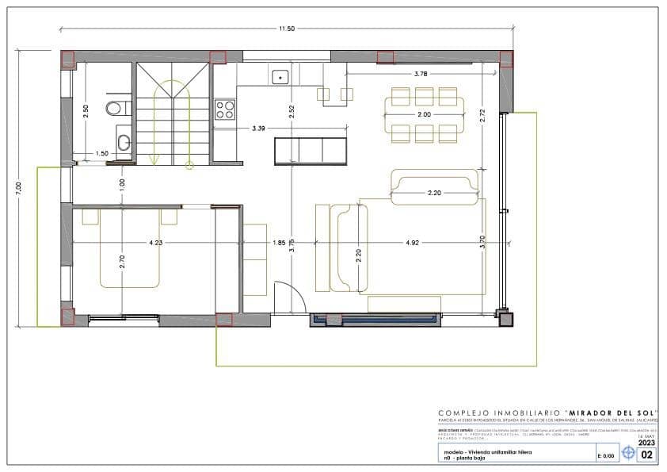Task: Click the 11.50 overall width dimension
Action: point(286,29)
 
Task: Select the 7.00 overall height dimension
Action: point(18,186)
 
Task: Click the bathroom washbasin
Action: point(124,143)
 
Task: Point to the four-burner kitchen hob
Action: point(224,109)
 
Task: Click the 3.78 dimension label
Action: point(422,74)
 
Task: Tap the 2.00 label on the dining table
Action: point(424,115)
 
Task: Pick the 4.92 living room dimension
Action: point(413,243)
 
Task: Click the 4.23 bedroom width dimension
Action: point(155,243)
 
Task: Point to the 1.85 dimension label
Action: point(279,243)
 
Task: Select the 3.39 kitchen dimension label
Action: point(258,128)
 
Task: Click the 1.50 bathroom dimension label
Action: point(102,154)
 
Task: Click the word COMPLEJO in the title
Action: point(465,413)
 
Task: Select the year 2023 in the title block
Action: point(646,443)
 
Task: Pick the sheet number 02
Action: point(647,455)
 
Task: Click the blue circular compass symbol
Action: point(629,454)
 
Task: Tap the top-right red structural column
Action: point(506,58)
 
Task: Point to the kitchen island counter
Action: point(311,150)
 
